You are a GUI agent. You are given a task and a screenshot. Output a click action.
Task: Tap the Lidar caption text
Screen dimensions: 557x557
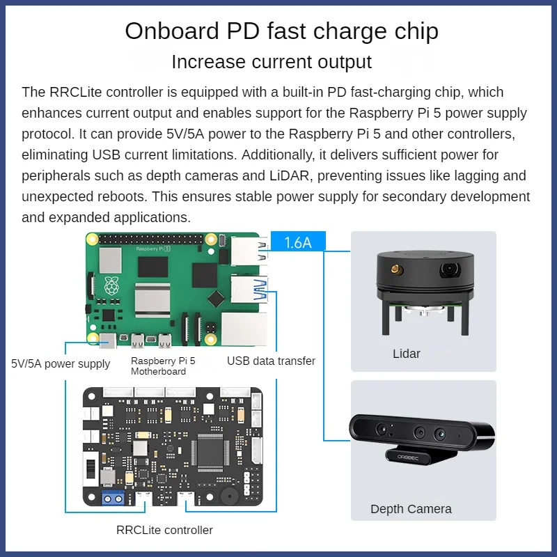[x=407, y=354]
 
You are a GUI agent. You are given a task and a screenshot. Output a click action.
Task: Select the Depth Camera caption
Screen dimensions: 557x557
[x=411, y=509]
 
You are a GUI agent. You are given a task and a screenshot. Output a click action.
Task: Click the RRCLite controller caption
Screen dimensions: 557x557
[x=164, y=530]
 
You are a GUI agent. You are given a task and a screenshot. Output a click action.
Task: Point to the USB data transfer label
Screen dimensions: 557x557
[x=271, y=361]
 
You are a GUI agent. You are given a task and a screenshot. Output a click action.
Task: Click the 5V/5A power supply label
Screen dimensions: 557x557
[x=61, y=363]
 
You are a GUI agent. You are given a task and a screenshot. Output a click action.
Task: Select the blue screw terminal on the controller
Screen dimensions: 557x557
[x=113, y=498]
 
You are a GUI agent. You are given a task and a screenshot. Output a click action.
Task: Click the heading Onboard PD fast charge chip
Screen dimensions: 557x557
[x=281, y=31]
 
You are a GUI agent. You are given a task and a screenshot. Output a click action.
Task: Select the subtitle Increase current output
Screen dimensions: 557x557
[x=272, y=61]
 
